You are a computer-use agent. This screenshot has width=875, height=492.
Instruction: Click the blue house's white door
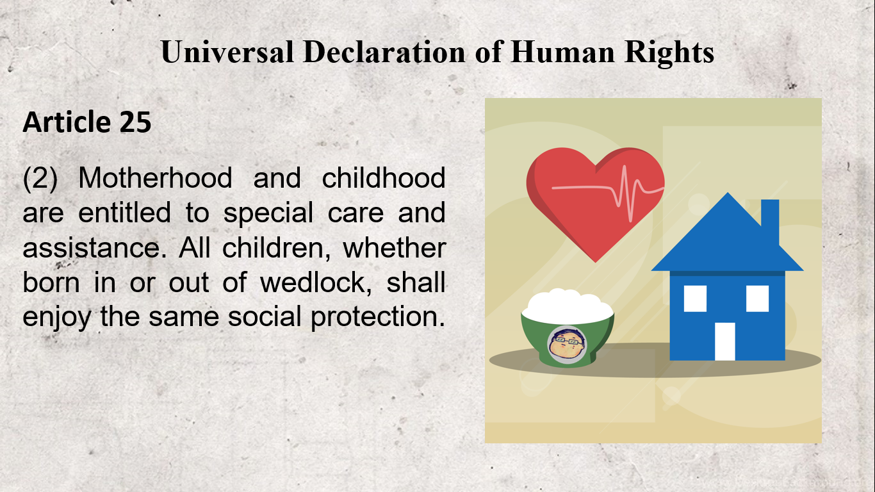click(724, 341)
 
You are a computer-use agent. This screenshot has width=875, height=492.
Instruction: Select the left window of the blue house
click(695, 298)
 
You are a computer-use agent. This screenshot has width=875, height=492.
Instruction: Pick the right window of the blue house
click(757, 298)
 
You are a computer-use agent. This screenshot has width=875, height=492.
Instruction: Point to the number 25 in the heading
click(135, 122)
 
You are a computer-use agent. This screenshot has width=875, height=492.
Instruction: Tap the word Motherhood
click(155, 178)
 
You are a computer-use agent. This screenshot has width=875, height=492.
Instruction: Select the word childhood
click(384, 178)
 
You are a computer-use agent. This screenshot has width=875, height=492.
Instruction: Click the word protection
click(377, 316)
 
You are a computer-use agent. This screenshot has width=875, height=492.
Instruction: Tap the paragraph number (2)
click(40, 178)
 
